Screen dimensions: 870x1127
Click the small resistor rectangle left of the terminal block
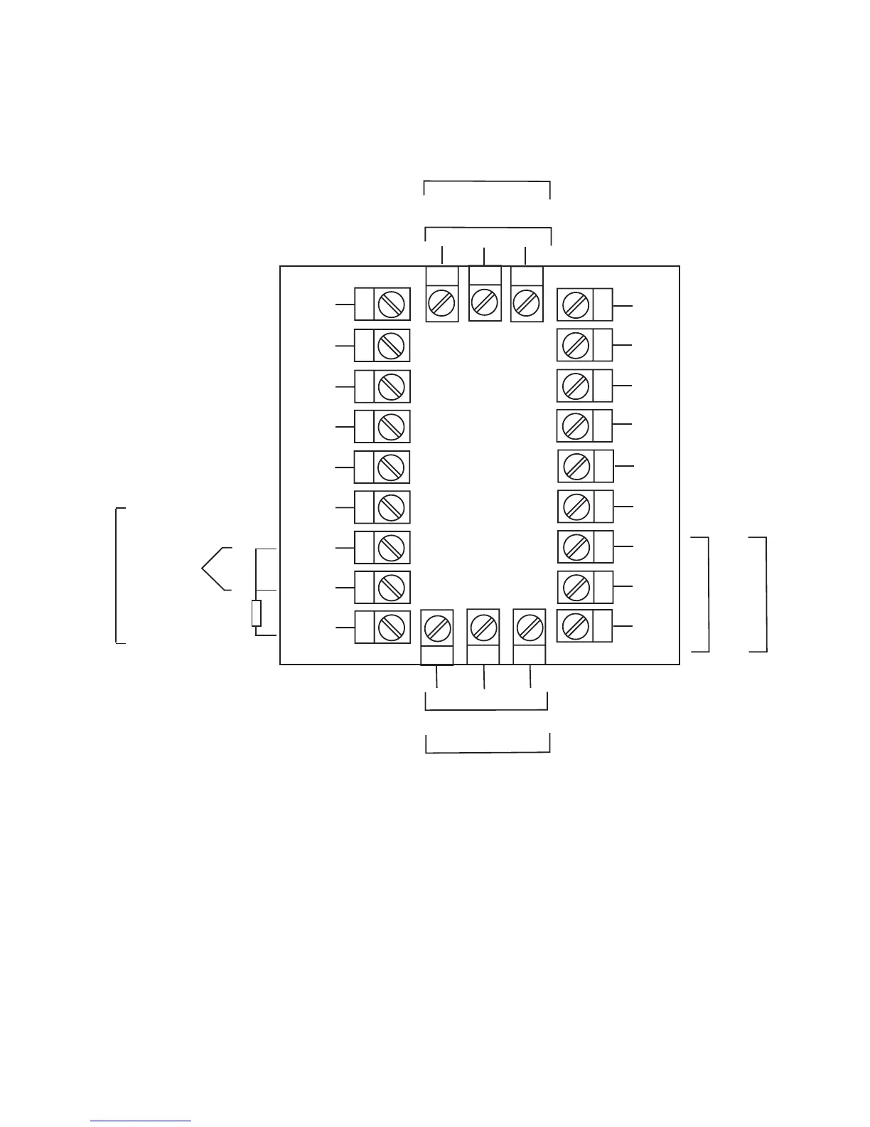point(257,613)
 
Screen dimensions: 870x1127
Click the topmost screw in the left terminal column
point(391,305)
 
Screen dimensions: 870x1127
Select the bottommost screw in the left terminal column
point(391,628)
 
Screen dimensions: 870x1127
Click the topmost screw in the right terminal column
point(575,305)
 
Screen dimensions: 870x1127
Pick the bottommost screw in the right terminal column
point(575,626)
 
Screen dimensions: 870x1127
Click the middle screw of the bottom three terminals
point(484,628)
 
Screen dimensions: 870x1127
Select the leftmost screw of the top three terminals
point(441,304)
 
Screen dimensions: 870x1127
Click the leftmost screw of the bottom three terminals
point(437,628)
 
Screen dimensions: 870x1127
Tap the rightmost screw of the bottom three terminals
point(530,627)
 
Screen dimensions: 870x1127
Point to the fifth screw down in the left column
point(391,467)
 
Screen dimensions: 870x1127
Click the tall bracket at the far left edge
point(117,575)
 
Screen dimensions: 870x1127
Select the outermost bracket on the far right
point(765,594)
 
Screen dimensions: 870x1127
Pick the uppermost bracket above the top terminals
point(487,183)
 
